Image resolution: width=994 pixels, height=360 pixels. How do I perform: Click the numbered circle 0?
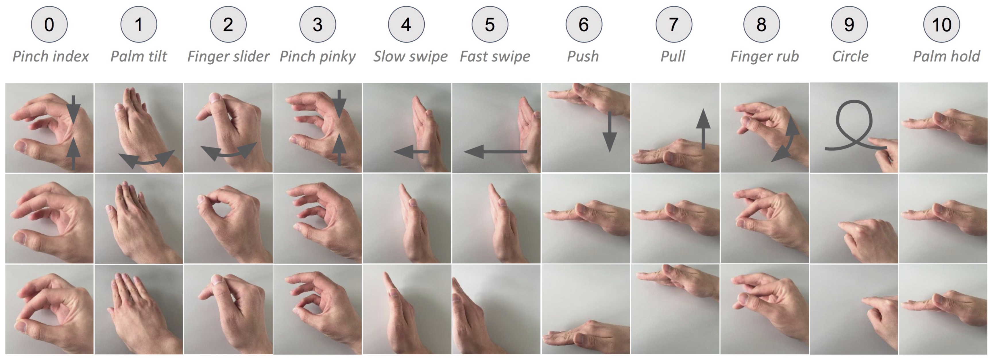pyautogui.click(x=49, y=24)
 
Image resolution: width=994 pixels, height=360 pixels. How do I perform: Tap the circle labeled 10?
pyautogui.click(x=941, y=24)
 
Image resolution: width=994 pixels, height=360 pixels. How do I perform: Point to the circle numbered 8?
pyautogui.click(x=761, y=24)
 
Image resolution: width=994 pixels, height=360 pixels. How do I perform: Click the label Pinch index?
pyautogui.click(x=51, y=56)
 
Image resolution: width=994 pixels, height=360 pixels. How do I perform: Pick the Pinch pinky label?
pyautogui.click(x=318, y=56)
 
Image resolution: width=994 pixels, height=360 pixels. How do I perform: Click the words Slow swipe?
pyautogui.click(x=410, y=56)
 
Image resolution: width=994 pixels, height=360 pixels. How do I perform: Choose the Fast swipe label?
pyautogui.click(x=495, y=56)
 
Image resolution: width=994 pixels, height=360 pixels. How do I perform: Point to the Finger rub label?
pyautogui.click(x=764, y=56)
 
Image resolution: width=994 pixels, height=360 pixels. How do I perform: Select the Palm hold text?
pyautogui.click(x=946, y=56)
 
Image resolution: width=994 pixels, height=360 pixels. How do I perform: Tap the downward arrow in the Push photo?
pyautogui.click(x=610, y=132)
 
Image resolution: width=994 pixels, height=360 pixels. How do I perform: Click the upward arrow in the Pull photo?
pyautogui.click(x=703, y=129)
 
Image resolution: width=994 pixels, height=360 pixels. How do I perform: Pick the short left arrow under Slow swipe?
pyautogui.click(x=411, y=152)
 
